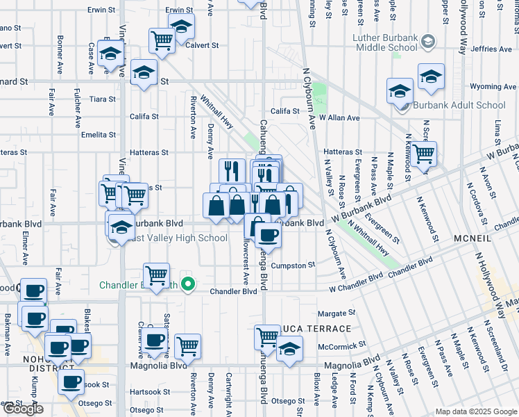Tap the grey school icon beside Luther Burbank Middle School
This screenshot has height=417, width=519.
click(428, 42)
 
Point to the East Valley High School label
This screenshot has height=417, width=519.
click(177, 238)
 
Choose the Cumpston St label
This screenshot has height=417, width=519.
click(293, 265)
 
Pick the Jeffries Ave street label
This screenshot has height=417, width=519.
click(490, 49)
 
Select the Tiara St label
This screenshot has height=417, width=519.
click(103, 99)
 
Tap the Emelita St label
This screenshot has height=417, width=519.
click(97, 135)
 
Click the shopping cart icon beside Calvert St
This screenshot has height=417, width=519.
click(162, 41)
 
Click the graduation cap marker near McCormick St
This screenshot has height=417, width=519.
click(290, 349)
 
